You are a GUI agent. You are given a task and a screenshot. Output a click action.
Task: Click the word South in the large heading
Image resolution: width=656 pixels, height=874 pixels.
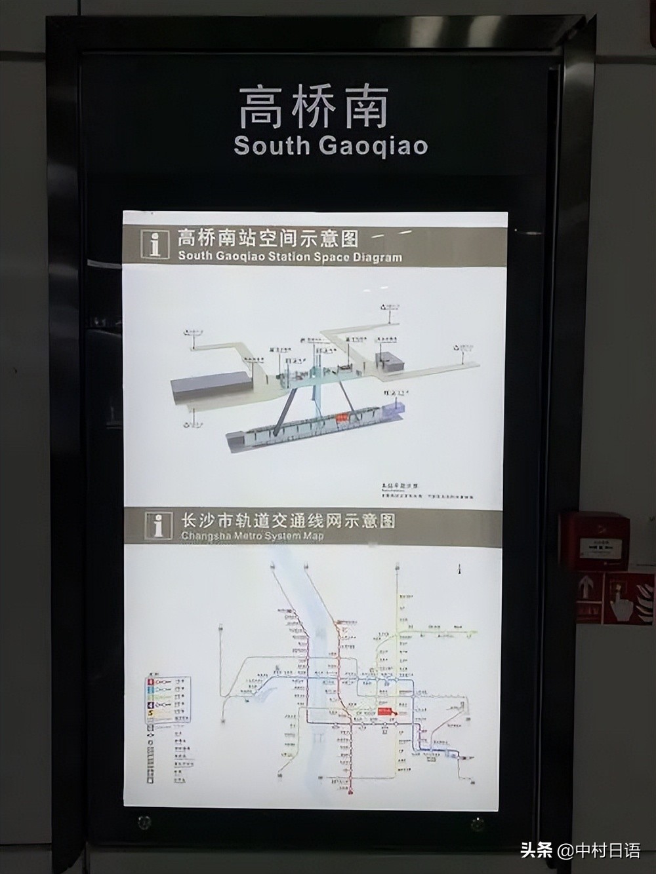point(272,145)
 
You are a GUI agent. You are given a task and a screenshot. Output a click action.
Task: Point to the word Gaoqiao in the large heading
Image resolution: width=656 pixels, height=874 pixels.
point(373,145)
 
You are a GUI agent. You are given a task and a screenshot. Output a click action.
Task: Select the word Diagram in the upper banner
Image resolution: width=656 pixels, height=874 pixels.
point(375,257)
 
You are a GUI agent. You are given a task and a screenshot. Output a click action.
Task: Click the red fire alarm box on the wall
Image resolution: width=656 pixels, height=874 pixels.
point(594,540)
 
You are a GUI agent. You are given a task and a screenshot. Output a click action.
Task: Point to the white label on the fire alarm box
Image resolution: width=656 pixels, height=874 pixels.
point(598,546)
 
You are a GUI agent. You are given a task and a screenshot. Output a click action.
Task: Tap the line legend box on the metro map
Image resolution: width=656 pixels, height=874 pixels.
point(168,700)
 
